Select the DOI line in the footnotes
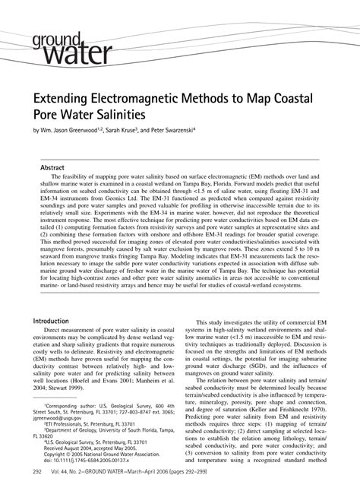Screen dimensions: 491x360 [x=84, y=482]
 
